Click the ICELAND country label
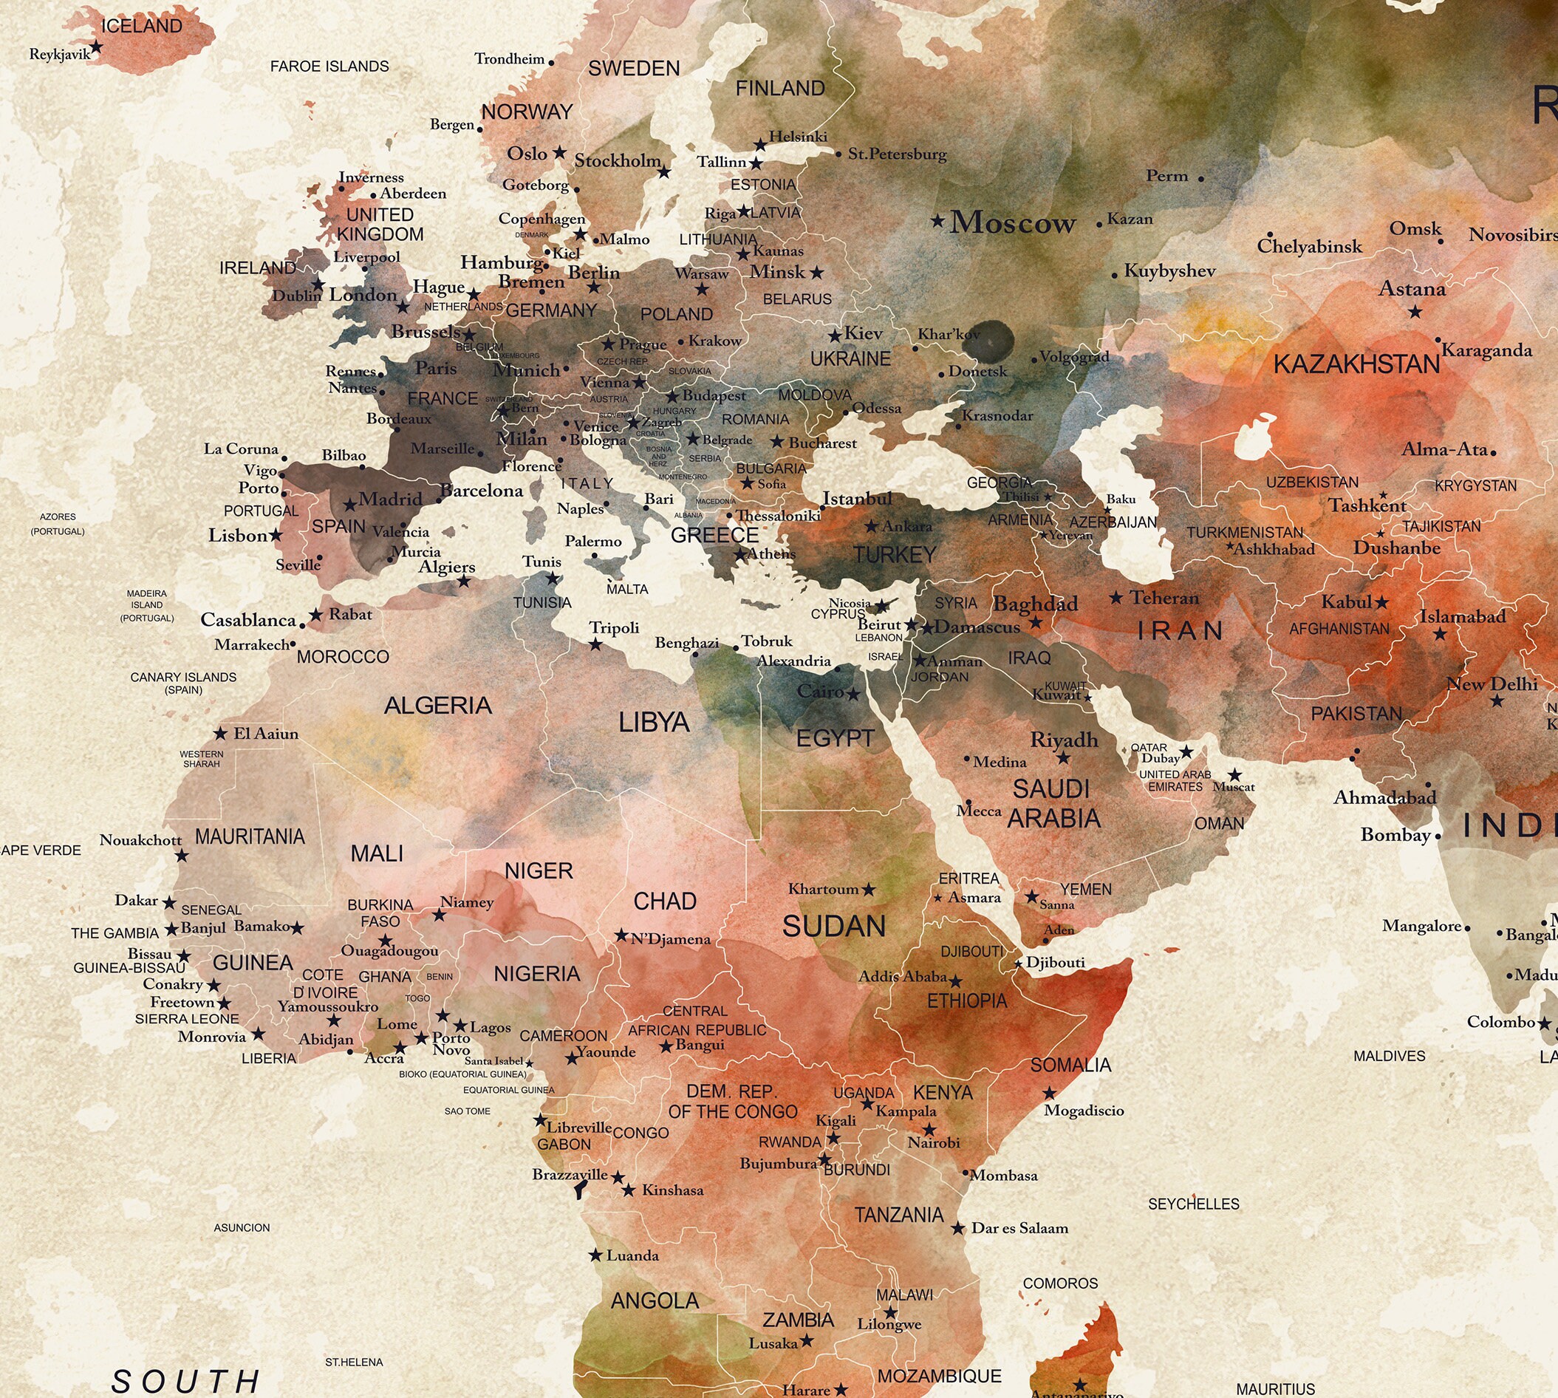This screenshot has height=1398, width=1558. point(142,26)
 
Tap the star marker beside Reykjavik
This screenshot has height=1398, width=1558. point(96,47)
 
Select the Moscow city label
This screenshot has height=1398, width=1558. point(1013,222)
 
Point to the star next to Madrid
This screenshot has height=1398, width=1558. point(349,505)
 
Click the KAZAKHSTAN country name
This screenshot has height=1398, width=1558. point(1356,364)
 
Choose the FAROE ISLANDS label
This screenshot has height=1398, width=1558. point(329,67)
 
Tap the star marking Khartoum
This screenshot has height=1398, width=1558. point(869,890)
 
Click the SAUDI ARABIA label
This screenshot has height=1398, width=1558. point(1053,803)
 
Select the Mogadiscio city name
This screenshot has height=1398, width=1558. point(1084,1111)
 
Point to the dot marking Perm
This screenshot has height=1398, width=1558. point(1201,179)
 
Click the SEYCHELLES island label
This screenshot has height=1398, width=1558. point(1193,1204)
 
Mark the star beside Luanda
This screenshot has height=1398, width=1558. point(595,1255)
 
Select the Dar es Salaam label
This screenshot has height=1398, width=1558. point(1019,1228)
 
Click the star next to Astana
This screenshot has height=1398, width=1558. point(1415,312)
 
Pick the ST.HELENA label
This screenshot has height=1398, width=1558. point(353,1362)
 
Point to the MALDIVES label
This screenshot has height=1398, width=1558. point(1389,1056)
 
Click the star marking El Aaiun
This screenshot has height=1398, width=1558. point(220,734)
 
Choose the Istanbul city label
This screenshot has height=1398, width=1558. point(857,499)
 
